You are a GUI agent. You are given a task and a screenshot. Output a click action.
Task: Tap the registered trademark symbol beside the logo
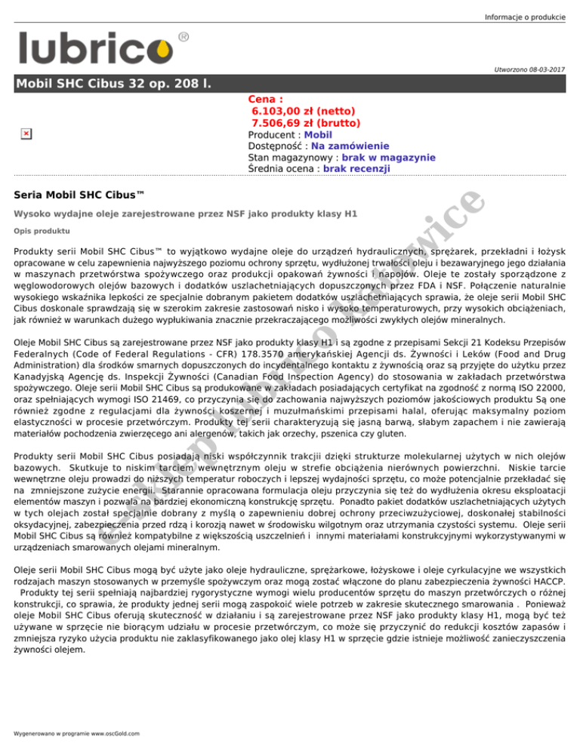click(x=184, y=36)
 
